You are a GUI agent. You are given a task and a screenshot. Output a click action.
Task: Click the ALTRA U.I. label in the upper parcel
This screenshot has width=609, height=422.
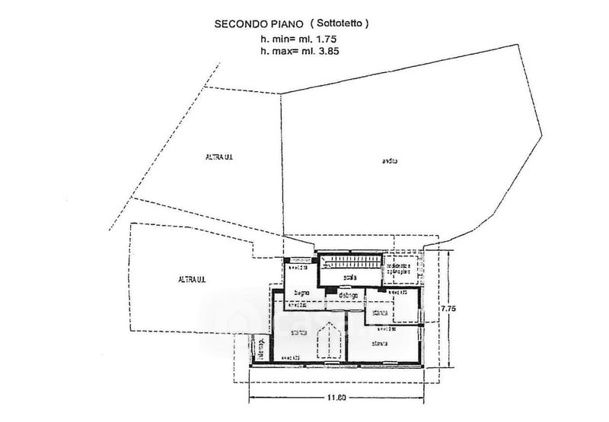click(x=218, y=157)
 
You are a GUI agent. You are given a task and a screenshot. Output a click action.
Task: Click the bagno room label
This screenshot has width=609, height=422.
click(x=302, y=293)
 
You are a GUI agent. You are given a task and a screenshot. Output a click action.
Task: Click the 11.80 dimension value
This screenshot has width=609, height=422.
click(x=337, y=395)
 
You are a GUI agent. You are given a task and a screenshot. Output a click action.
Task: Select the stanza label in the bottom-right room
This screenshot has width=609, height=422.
click(x=380, y=344)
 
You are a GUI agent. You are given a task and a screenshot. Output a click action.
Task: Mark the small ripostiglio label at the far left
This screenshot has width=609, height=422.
click(x=261, y=349)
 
